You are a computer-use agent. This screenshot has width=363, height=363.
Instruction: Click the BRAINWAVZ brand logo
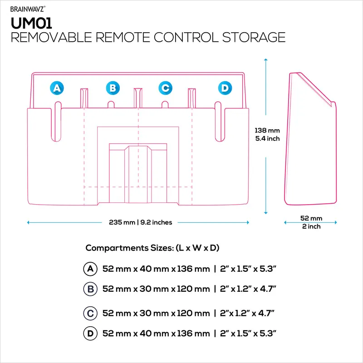pos(28,9)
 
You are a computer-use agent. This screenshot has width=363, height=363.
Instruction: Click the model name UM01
pos(31,23)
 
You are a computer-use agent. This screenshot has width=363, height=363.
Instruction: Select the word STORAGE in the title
pos(254,37)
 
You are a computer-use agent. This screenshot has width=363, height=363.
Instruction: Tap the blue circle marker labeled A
pos(57,88)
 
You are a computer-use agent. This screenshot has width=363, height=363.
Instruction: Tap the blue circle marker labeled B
pos(113,88)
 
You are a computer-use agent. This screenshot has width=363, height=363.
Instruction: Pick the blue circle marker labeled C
pos(165,88)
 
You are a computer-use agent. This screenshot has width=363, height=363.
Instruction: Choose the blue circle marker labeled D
pos(225,88)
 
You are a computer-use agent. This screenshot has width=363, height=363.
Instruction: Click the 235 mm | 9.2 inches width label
pos(141,222)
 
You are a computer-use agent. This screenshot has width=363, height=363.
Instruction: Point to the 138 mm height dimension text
pos(267,130)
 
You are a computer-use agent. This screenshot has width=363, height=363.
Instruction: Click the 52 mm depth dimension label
pos(311,218)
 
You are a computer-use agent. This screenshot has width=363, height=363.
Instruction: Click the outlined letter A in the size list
pos(90,269)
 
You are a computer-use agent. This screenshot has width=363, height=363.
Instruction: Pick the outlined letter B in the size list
pos(90,289)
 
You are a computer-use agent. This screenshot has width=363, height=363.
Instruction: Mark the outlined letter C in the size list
pos(90,313)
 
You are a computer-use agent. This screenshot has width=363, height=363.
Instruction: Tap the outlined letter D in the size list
pos(90,334)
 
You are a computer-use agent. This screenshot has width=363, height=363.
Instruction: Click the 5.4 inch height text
pos(267,138)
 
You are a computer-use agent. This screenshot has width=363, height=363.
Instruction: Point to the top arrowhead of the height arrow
pos(266,59)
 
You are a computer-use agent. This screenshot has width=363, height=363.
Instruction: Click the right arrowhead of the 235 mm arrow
pos(248,222)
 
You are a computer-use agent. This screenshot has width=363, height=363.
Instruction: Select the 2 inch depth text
pos(311,226)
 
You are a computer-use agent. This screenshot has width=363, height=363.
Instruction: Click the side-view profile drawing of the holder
pos(310,139)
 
